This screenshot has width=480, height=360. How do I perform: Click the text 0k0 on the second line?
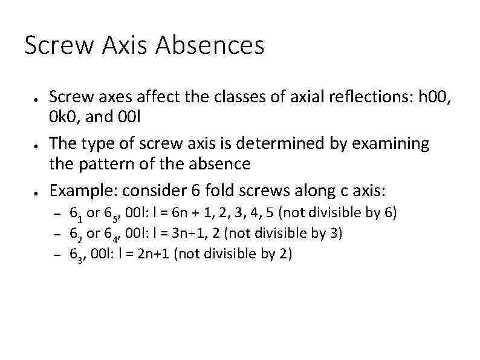(62, 116)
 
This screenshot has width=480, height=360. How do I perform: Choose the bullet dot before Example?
(37, 192)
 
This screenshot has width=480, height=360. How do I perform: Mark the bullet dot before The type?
(37, 145)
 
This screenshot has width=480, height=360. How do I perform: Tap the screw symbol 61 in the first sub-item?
(76, 214)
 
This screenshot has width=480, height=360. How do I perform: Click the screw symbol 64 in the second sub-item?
(111, 234)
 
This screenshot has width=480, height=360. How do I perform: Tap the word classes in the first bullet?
(209, 96)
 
